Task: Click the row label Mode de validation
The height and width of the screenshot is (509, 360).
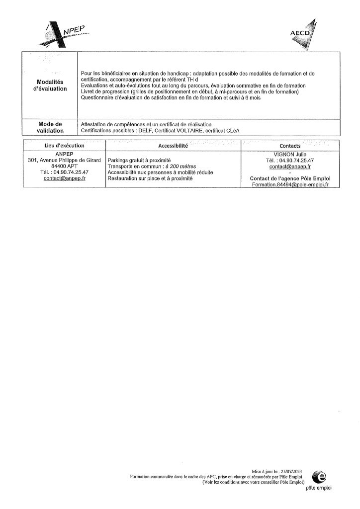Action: coord(49,127)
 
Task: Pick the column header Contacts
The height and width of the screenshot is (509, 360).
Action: coord(290,146)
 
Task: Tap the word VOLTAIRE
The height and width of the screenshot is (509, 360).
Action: coord(188,131)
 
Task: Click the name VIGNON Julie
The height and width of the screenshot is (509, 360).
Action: coord(290,154)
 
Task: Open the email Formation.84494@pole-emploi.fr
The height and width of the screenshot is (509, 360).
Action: coord(290,184)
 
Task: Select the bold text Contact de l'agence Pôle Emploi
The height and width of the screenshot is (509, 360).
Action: coord(290,178)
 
